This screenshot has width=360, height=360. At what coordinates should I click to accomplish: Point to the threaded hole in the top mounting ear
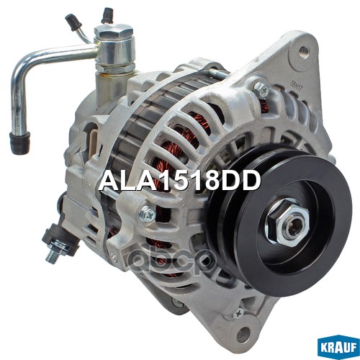pyautogui.click(x=305, y=50)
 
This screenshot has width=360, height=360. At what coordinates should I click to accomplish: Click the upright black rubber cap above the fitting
pyautogui.click(x=107, y=14)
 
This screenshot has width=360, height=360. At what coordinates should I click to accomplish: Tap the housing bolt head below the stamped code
pyautogui.click(x=261, y=90)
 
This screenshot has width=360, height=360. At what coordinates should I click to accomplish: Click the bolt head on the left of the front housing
pyautogui.click(x=148, y=213)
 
